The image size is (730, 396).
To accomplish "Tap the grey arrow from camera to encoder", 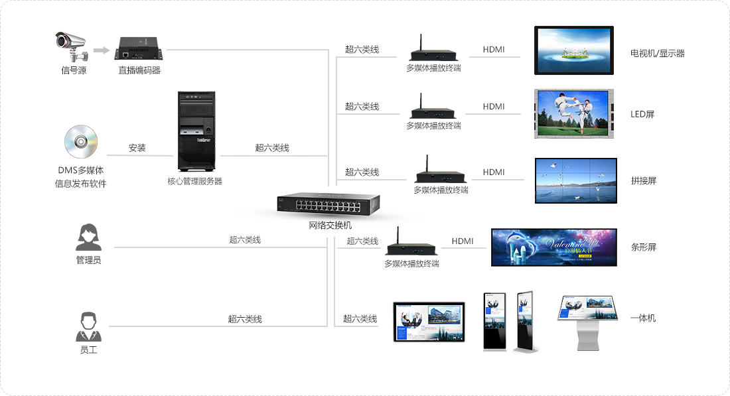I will [x=101, y=50].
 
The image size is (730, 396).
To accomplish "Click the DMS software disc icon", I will [x=81, y=142].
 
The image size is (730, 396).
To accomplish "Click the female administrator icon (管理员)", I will [x=88, y=237].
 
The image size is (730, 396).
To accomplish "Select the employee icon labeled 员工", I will [x=88, y=326].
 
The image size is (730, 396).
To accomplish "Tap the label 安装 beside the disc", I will [x=137, y=148].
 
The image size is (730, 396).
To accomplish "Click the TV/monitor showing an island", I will [x=574, y=50].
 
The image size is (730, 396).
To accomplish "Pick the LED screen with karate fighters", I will [x=573, y=114].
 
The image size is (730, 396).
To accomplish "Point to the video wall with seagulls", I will [x=575, y=180].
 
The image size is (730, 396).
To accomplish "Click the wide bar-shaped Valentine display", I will [x=553, y=247].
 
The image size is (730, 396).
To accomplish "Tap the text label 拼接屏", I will [x=643, y=180].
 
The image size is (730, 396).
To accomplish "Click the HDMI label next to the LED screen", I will [x=494, y=106].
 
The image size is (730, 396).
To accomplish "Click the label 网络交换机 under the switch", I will [x=330, y=226].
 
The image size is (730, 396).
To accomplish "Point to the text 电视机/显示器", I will [x=657, y=53].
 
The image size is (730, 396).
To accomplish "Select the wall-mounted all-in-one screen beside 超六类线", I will [x=429, y=321].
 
